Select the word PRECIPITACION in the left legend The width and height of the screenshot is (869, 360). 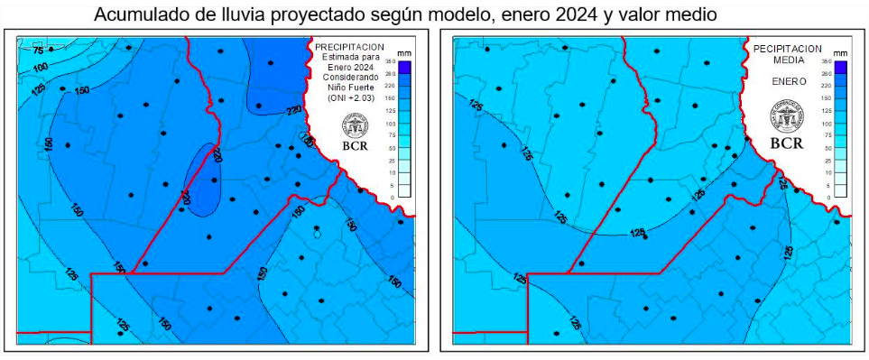[350, 46]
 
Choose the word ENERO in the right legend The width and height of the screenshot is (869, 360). [787, 79]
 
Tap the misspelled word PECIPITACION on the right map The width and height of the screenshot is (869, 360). [787, 48]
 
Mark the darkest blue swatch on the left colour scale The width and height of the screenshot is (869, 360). [404, 66]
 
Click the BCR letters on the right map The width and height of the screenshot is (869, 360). [787, 142]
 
